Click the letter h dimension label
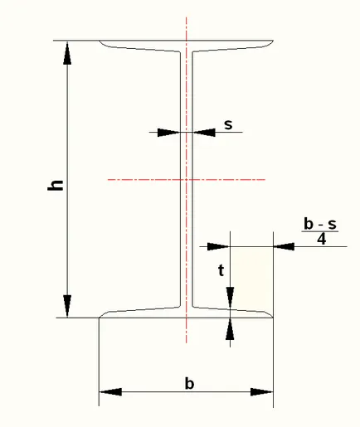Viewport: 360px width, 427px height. point(56,185)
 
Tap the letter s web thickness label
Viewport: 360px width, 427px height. point(228,124)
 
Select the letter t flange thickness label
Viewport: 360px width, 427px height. point(221,270)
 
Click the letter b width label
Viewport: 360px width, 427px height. point(189,384)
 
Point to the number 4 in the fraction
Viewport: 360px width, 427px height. point(322,239)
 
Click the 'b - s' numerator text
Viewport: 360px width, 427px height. point(320,224)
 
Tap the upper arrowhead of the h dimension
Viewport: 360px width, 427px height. point(67,53)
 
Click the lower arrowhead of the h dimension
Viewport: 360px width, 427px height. point(67,306)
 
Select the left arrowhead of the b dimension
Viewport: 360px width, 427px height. point(110,392)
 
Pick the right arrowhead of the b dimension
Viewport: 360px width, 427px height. point(262,392)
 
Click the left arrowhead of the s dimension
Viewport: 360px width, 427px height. point(169,133)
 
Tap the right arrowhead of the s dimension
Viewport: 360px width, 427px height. point(204,133)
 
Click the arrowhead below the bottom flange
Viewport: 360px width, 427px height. point(230,329)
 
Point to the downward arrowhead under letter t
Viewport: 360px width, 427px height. point(230,298)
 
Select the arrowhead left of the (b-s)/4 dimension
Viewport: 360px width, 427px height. point(218,246)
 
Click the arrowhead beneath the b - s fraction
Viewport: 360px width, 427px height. point(284,246)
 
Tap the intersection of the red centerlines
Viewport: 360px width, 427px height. point(187,180)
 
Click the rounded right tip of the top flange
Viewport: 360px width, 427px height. point(272,42)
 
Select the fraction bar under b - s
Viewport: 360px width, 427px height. point(320,231)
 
